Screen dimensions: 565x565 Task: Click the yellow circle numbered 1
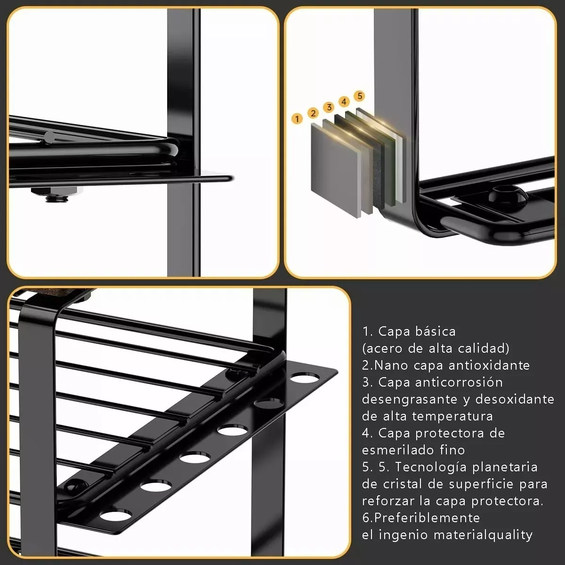[297, 119]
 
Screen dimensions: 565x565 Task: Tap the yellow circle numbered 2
[313, 113]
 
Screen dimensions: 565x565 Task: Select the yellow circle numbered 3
[329, 107]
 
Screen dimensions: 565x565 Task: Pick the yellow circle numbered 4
[344, 101]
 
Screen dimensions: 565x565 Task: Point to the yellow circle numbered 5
[360, 96]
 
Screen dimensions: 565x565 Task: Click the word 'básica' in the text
[436, 331]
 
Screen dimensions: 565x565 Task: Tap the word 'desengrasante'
[410, 399]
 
